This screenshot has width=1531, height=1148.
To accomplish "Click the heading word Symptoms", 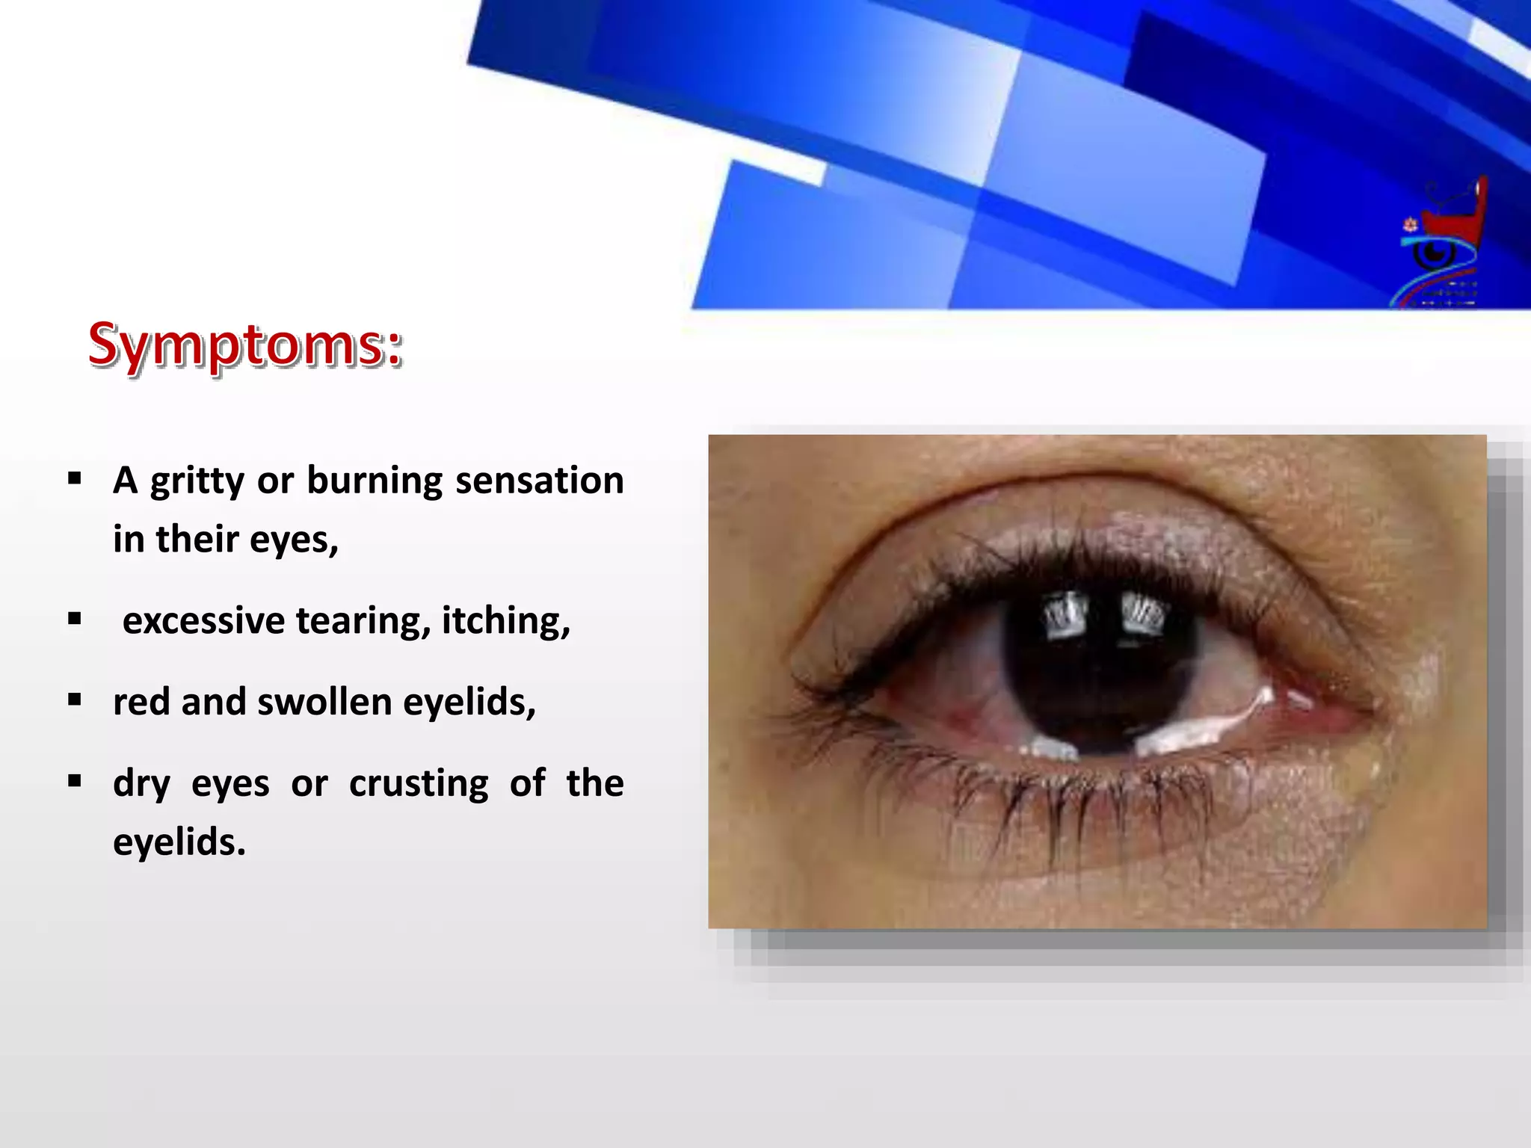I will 244,345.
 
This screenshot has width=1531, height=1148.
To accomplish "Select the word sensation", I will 539,481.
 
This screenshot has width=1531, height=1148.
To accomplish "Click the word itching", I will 505,621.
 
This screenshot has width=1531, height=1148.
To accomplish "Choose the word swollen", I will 325,703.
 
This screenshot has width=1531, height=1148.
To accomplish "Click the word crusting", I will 419,784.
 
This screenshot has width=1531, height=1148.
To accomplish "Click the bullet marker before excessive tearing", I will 74,619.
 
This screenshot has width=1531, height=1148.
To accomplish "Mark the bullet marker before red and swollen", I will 74,700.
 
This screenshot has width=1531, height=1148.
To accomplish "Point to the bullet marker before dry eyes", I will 74,782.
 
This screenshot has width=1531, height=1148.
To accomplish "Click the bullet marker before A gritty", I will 74,478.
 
